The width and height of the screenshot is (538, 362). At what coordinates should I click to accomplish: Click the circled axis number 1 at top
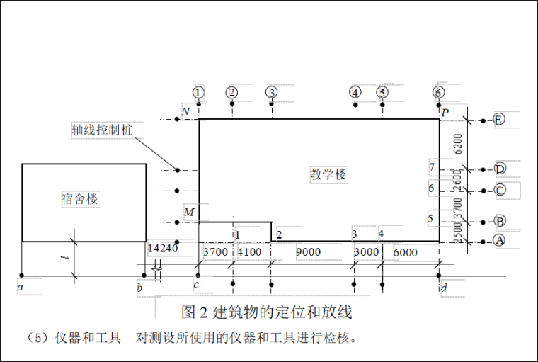click(x=198, y=92)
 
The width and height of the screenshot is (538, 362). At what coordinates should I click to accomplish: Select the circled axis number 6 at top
click(x=439, y=92)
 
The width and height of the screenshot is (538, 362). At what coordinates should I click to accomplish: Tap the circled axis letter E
click(x=499, y=120)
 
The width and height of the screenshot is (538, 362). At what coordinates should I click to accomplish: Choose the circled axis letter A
click(x=499, y=241)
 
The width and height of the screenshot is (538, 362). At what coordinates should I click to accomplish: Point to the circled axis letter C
click(x=500, y=190)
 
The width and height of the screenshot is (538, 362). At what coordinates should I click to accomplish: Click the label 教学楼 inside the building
click(x=328, y=174)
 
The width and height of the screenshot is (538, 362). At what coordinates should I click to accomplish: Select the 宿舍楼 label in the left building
click(x=79, y=199)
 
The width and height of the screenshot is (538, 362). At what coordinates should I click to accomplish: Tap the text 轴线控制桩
click(x=102, y=130)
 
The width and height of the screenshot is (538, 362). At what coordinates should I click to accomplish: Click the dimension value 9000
click(x=308, y=252)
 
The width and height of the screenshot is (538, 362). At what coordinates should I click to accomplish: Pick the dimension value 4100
click(x=249, y=252)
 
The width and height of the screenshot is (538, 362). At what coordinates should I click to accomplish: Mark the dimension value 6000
click(x=406, y=252)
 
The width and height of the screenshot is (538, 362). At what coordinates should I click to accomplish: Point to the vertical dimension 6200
click(x=458, y=144)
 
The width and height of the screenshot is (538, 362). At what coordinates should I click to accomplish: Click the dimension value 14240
click(x=162, y=249)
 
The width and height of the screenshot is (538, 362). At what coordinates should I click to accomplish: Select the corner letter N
click(x=185, y=112)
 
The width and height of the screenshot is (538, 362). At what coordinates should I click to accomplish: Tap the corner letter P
click(x=445, y=112)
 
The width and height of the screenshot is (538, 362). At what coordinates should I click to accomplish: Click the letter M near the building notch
click(x=189, y=213)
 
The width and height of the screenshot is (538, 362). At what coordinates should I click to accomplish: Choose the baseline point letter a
click(x=21, y=288)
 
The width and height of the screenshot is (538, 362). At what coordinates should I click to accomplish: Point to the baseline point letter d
click(x=444, y=288)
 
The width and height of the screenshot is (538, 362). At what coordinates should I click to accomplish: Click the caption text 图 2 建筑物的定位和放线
click(x=267, y=312)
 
